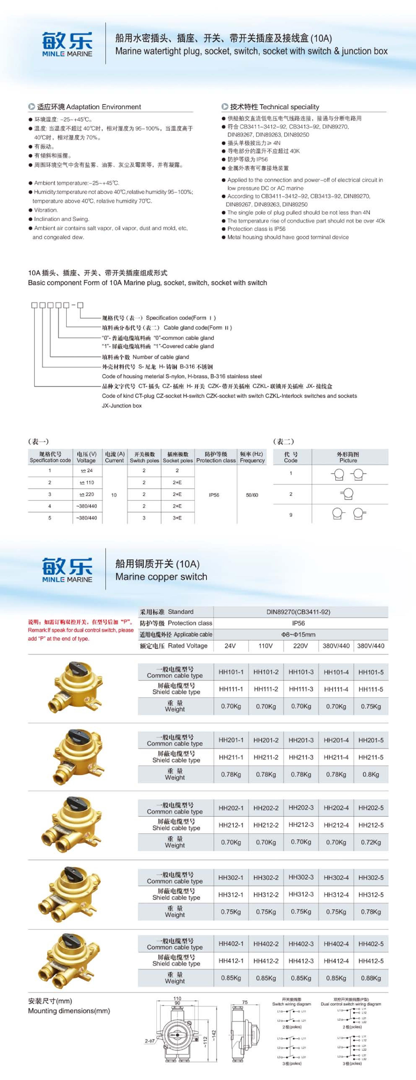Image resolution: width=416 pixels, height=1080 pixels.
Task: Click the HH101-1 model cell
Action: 231,672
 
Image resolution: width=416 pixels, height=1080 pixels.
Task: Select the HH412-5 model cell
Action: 371,961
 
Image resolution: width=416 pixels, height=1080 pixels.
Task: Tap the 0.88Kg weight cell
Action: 371,978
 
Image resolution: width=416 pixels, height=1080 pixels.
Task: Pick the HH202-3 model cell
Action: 301,808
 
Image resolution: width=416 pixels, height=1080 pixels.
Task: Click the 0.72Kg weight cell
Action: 371,842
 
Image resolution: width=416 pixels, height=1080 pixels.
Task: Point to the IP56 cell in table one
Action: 214,495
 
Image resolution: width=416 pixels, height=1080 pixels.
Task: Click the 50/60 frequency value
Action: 252,495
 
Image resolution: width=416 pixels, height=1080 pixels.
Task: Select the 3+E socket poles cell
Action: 177,518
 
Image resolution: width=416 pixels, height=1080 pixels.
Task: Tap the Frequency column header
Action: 252,457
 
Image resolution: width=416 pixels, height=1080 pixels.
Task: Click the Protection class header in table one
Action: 216,457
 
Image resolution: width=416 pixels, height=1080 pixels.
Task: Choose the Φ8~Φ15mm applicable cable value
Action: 298,634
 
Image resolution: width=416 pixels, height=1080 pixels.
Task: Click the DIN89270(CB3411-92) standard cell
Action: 298,612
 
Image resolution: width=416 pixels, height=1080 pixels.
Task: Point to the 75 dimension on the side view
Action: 245,1002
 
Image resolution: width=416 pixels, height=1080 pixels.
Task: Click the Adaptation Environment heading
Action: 89,107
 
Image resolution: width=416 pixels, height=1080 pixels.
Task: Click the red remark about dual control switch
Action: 80,630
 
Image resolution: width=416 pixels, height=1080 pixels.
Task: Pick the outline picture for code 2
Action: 347,494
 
